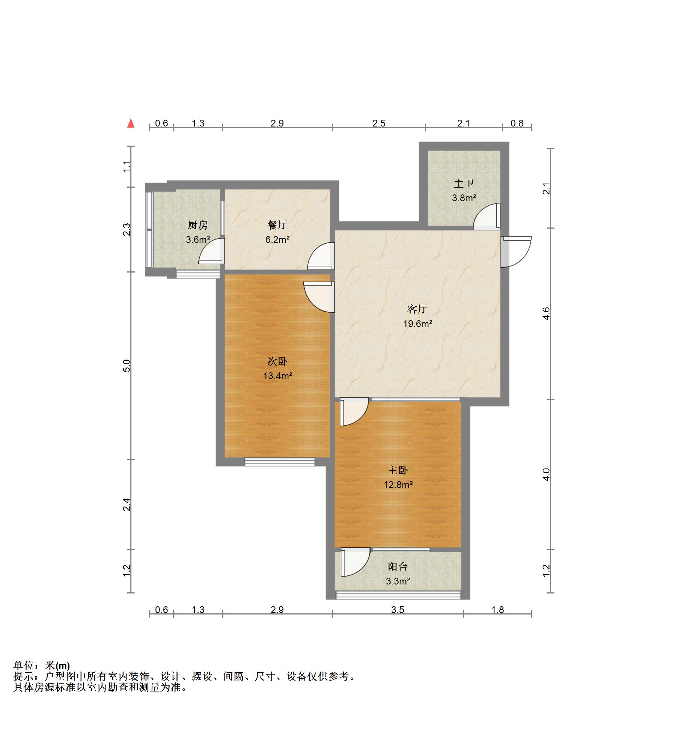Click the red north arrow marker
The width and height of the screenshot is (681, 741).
pos(131,123)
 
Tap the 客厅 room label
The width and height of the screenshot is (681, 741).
pos(417,309)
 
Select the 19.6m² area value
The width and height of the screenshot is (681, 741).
pos(417,323)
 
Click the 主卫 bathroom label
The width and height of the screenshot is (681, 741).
pos(464,184)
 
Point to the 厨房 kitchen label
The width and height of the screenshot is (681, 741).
pos(197,225)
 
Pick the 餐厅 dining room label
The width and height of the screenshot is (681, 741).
pos(277,225)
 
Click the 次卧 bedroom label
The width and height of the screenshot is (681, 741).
pos(277,361)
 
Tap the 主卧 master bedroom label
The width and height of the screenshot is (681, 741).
pos(398,470)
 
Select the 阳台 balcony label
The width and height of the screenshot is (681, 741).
pos(398,566)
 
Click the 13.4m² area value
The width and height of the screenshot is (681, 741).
pos(278,375)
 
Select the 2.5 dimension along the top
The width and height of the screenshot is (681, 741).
pos(379,123)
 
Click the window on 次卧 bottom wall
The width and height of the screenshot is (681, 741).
pos(280,462)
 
